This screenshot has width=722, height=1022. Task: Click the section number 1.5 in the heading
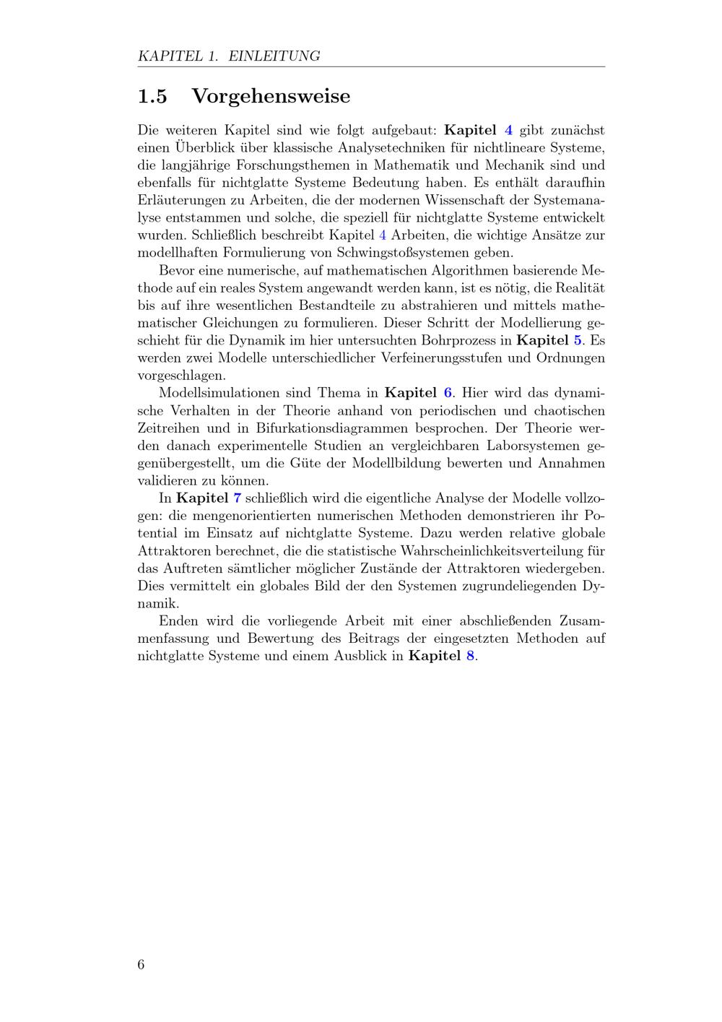152,96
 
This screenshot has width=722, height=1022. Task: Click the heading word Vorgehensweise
271,96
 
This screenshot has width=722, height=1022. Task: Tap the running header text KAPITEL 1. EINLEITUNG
229,56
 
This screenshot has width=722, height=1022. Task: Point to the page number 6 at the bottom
141,964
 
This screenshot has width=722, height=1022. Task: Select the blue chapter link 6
448,393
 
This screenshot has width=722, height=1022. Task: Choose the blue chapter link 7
238,498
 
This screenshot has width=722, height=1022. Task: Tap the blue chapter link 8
471,656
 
